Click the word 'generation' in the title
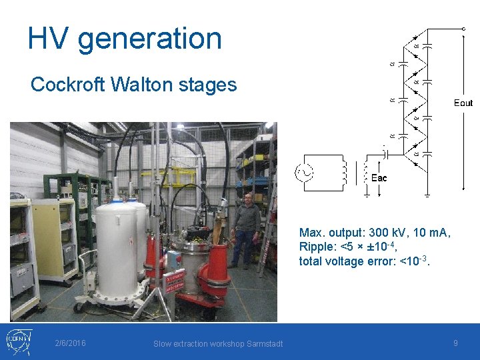coord(149,38)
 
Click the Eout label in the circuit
coord(463,103)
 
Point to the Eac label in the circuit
coord(379,178)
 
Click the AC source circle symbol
coord(306,173)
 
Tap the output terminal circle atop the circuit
coord(464,29)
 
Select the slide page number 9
coord(455,343)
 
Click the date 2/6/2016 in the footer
coord(71,343)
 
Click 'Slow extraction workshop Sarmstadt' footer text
coord(218,343)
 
